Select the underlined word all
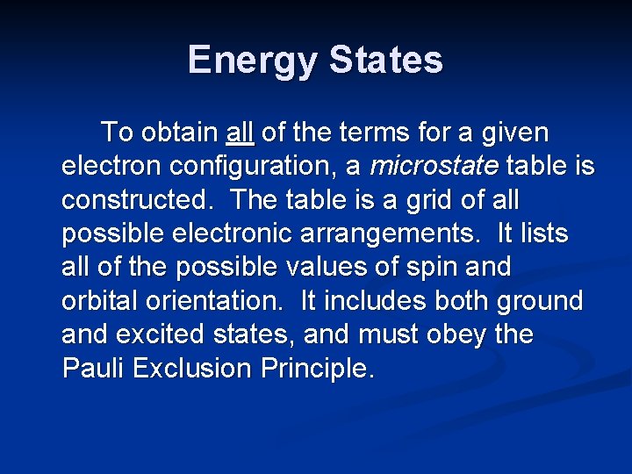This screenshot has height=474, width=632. click(240, 133)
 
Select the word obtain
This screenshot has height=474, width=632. click(179, 133)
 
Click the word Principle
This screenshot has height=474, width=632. click(317, 367)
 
